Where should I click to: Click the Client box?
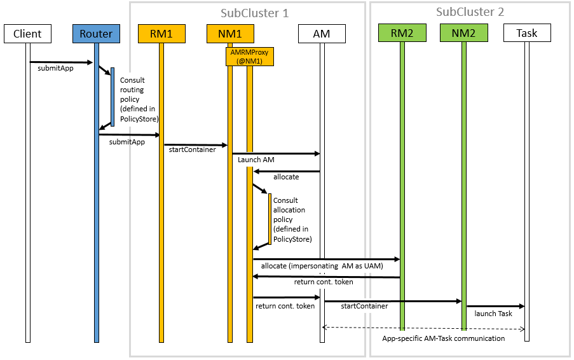pyautogui.click(x=27, y=34)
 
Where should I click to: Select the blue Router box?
pyautogui.click(x=96, y=34)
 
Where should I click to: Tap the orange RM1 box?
pyautogui.click(x=161, y=34)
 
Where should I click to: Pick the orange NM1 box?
pyautogui.click(x=230, y=34)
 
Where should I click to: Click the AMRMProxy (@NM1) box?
pyautogui.click(x=249, y=57)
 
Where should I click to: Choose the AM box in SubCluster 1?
pyautogui.click(x=322, y=34)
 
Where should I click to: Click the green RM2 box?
pyautogui.click(x=402, y=34)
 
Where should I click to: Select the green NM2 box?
pyautogui.click(x=463, y=34)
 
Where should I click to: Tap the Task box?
pyautogui.click(x=526, y=34)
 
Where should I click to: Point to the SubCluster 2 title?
pyautogui.click(x=470, y=12)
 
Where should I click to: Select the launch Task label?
pyautogui.click(x=493, y=314)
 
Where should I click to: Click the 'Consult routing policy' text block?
pyautogui.click(x=139, y=99)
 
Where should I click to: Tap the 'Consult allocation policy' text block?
pyautogui.click(x=292, y=219)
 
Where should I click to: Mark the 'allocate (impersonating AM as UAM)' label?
pyautogui.click(x=322, y=266)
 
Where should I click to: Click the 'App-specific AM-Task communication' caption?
pyautogui.click(x=443, y=338)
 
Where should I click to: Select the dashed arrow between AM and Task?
pyautogui.click(x=424, y=328)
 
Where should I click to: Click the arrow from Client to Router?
pyautogui.click(x=61, y=62)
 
